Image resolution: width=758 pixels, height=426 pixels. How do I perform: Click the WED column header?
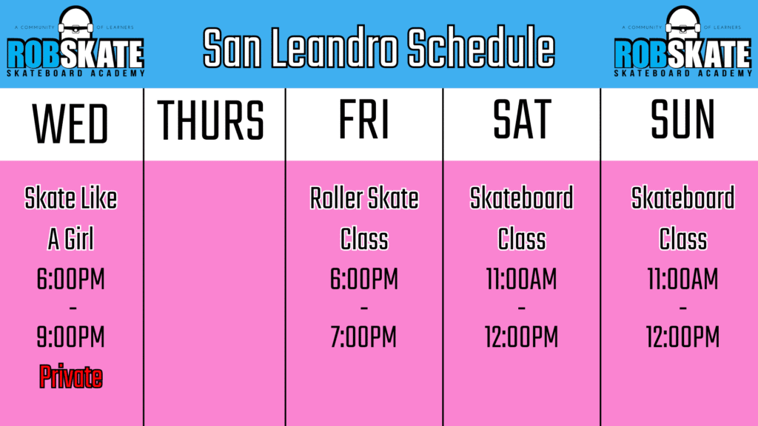70,124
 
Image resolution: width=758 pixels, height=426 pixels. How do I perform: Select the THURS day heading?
211,121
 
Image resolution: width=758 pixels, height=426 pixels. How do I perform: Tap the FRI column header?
363,120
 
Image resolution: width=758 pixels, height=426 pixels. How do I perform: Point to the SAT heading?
522,120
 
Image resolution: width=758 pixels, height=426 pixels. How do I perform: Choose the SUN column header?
682,120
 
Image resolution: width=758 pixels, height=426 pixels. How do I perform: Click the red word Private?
70,376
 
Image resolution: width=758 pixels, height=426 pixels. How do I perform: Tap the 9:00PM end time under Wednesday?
70,337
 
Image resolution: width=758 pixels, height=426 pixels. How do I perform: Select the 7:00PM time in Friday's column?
363,337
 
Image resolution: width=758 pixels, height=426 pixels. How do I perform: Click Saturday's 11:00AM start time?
522,279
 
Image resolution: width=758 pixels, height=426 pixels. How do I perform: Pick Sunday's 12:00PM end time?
682,337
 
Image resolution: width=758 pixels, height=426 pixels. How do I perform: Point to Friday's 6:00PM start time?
363,279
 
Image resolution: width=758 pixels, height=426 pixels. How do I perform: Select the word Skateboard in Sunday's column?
682,198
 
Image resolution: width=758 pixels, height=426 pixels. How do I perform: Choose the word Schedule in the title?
481,48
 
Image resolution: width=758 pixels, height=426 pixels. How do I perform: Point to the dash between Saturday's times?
522,308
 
